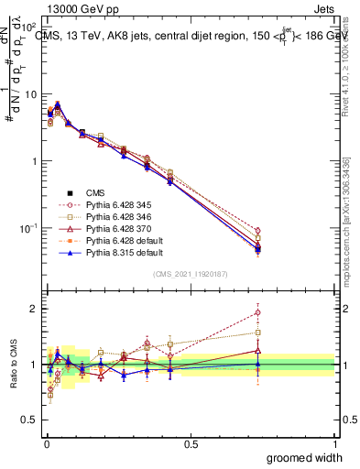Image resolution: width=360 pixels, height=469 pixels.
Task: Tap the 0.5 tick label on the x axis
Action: (x=191, y=442)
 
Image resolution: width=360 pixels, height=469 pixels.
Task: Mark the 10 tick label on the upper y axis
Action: (x=28, y=94)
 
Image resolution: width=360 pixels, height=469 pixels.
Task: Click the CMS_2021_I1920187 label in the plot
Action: (x=191, y=274)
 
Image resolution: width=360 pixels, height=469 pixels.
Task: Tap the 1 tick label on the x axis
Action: (x=334, y=442)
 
